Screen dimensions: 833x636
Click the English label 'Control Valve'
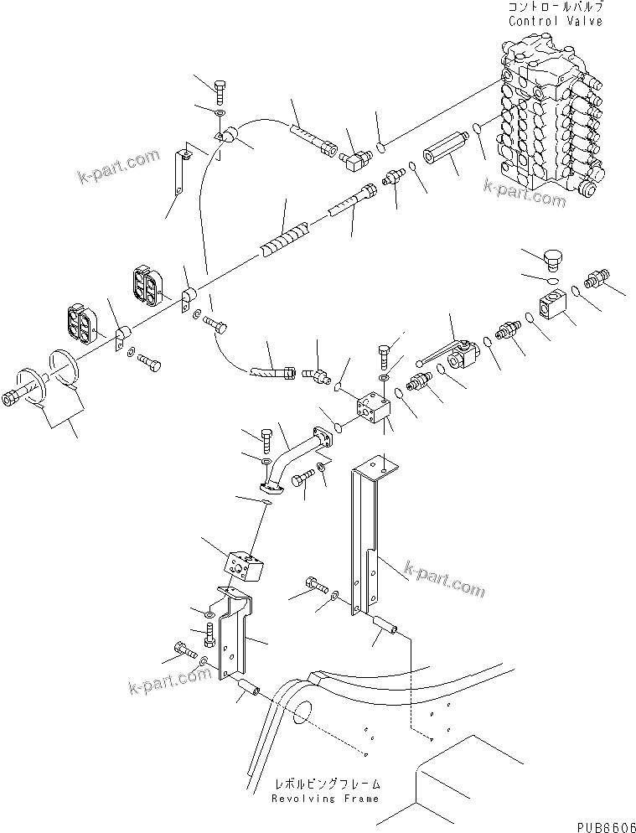(555, 21)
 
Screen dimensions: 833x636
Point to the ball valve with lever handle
(459, 355)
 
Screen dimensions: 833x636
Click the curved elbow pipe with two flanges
(289, 460)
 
